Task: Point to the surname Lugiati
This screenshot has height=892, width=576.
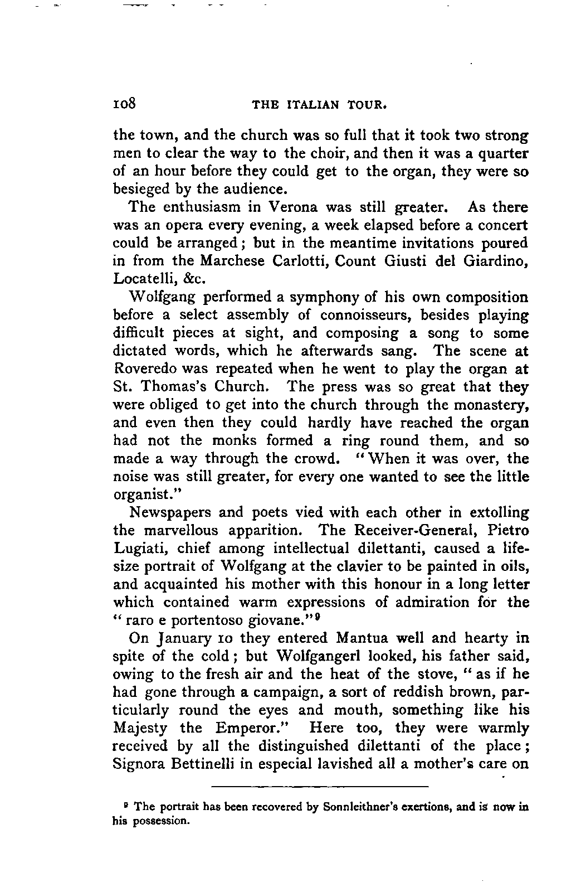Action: click(x=141, y=549)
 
